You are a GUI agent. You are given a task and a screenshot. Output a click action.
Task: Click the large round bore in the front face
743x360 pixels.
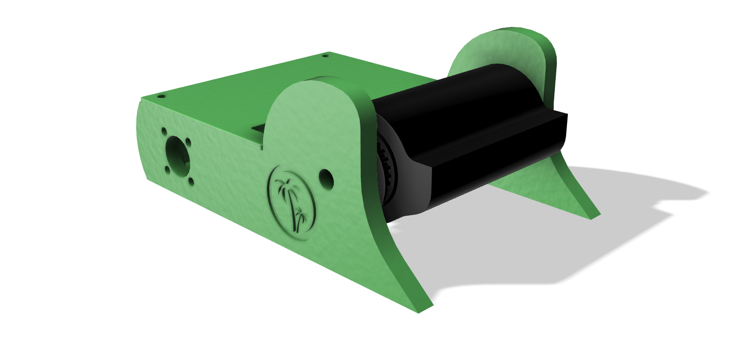click(177, 153)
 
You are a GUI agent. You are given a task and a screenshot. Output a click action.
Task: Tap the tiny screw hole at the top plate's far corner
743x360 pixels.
click(326, 56)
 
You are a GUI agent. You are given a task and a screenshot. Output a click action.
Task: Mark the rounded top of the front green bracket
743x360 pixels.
click(313, 93)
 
